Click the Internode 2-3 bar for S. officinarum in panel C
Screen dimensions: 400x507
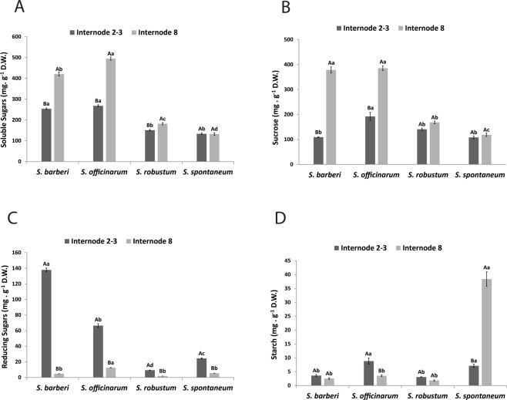(99, 351)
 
